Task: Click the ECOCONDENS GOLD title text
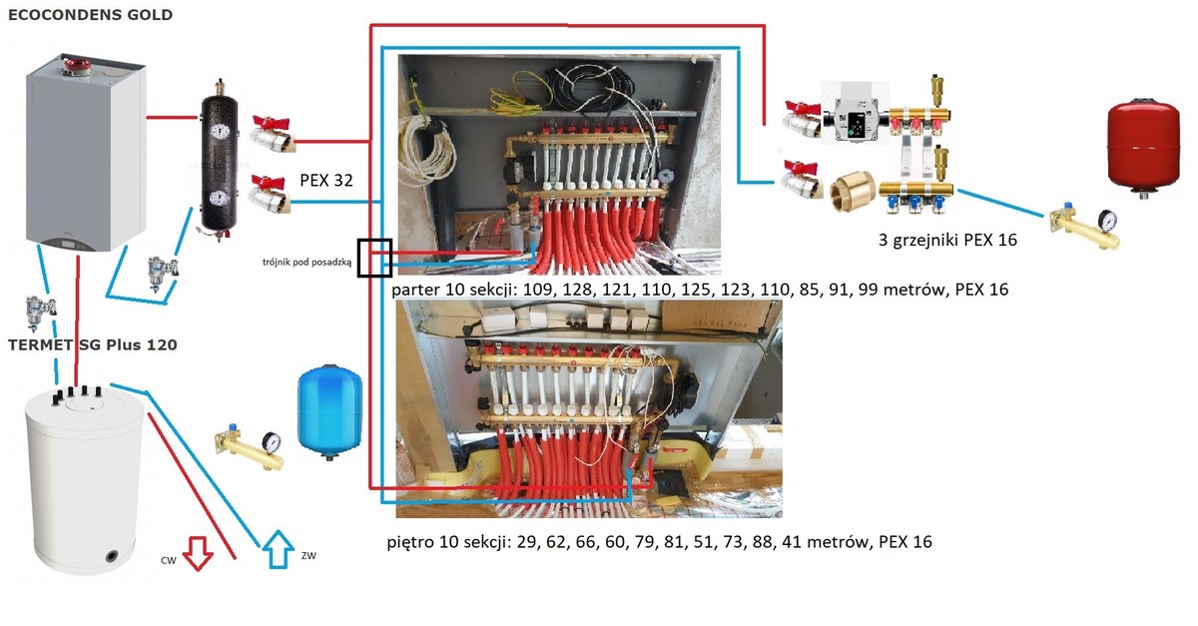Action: (89, 15)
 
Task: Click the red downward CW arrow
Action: (198, 552)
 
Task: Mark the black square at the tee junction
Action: (374, 257)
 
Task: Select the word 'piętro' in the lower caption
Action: (408, 542)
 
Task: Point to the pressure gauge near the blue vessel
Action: (271, 440)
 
